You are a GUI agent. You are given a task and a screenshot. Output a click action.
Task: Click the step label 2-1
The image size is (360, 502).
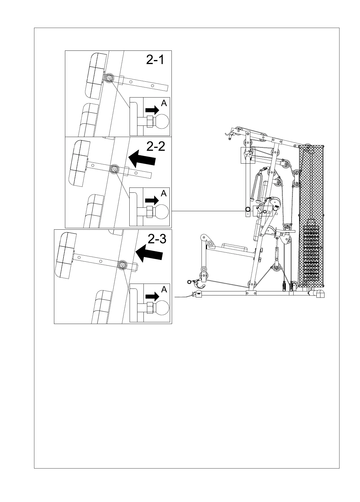[x=155, y=60]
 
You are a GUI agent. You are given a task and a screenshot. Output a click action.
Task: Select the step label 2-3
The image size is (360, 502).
[x=157, y=239]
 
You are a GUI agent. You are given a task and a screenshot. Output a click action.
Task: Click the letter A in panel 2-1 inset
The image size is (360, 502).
[x=164, y=103]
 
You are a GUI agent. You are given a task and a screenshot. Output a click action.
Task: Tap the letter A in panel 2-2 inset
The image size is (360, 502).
[x=164, y=193]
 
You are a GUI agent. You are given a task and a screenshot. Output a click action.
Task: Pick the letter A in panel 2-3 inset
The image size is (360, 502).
[x=164, y=289]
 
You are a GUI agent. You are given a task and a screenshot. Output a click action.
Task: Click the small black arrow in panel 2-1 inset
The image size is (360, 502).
[x=152, y=110]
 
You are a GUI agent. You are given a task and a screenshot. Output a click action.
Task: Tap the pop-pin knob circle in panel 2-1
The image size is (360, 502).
[x=109, y=78]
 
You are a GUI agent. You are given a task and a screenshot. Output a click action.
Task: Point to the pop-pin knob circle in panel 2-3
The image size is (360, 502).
[x=122, y=265]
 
